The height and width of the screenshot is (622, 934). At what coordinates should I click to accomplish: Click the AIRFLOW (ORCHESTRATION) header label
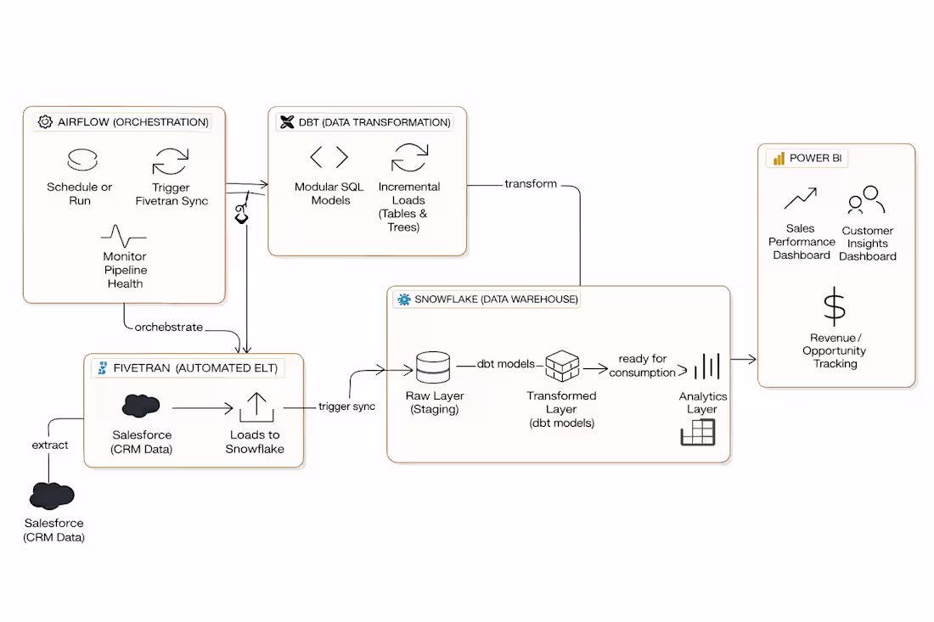[x=132, y=122]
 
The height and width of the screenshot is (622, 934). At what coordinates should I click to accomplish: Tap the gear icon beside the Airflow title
[x=45, y=122]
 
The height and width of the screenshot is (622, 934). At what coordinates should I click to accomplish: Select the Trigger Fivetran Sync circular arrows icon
[x=171, y=161]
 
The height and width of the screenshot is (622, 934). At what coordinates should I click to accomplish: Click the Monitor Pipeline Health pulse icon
[x=124, y=235]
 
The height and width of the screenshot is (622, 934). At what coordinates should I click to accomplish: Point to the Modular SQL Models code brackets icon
[x=329, y=158]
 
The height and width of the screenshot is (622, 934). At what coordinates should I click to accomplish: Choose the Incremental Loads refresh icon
[x=409, y=158]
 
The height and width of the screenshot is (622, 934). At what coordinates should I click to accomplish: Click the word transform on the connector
[x=531, y=184]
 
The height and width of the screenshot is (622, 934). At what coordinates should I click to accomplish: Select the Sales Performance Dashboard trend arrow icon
[x=800, y=199]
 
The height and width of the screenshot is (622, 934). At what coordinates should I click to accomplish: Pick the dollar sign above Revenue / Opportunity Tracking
[x=835, y=306]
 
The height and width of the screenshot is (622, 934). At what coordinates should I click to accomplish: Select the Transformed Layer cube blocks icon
[x=561, y=367]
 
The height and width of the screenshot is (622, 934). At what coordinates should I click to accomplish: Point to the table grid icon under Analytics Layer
[x=697, y=433]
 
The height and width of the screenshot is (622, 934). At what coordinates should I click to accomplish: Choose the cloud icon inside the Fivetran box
[x=141, y=406]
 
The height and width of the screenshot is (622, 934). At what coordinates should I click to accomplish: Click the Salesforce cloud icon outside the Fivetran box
[x=52, y=496]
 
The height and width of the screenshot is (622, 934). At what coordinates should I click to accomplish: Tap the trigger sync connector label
[x=346, y=406]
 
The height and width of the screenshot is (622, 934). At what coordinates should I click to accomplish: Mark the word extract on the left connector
[x=50, y=445]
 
